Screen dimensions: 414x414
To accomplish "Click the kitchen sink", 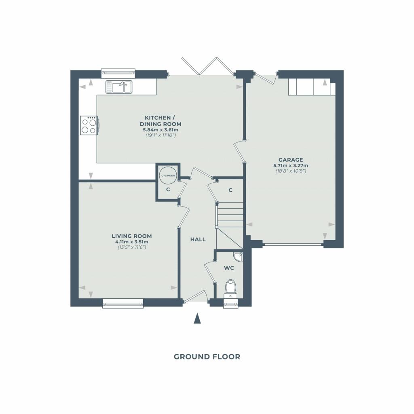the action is [119, 87].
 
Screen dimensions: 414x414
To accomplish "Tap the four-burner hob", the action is [89, 126].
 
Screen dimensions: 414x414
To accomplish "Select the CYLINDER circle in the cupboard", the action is [168, 175].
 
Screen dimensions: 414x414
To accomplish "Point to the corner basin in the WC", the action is [239, 256].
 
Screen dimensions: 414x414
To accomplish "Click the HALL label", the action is [198, 239].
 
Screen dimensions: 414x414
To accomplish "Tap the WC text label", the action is [229, 268].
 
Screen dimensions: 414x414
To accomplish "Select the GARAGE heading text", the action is [291, 160].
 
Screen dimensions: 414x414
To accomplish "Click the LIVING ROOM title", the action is [132, 236].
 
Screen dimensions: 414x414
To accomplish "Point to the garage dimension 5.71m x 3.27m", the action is [291, 165].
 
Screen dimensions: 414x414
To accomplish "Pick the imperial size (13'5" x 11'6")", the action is [132, 247].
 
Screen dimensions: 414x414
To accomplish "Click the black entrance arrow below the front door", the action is [197, 318].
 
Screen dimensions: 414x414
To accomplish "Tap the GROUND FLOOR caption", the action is [207, 357].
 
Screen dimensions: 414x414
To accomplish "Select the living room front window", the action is [123, 303].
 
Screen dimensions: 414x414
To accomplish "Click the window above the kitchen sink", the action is [118, 74].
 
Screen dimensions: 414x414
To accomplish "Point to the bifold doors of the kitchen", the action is [208, 66].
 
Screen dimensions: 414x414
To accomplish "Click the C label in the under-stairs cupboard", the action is [230, 190].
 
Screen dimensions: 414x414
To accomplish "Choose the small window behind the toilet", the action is [231, 303].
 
